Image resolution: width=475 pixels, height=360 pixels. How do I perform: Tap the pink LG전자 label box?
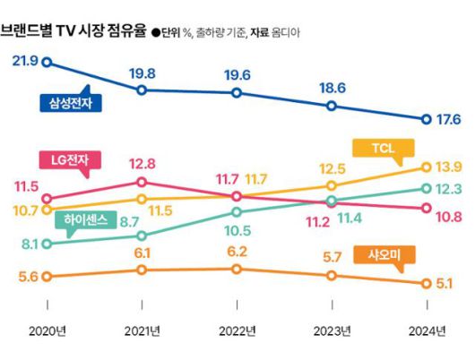coord(71,160)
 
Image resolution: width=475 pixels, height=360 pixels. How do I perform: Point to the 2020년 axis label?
coord(47,332)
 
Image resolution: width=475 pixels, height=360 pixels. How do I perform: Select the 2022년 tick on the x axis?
coord(236,332)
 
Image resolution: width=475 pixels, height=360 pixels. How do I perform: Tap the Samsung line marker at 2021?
coord(142,90)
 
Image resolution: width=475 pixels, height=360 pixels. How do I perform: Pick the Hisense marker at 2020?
coord(47,243)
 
